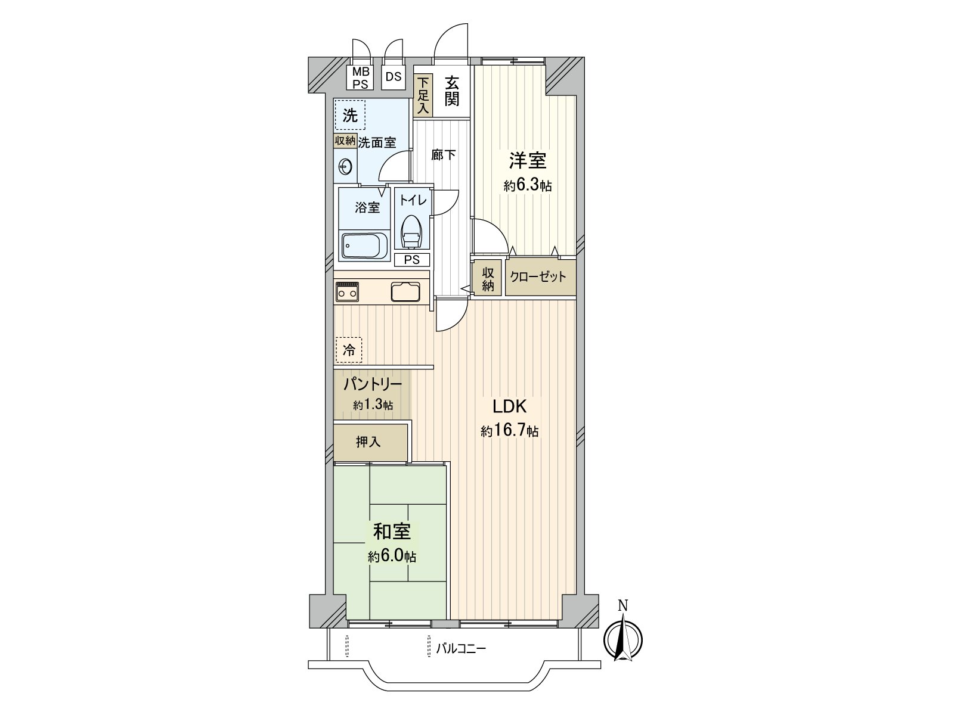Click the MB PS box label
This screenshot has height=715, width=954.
pyautogui.click(x=360, y=77)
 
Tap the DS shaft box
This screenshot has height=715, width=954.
pyautogui.click(x=393, y=77)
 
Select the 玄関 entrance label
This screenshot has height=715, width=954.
pyautogui.click(x=451, y=91)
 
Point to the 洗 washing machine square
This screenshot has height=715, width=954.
pyautogui.click(x=350, y=116)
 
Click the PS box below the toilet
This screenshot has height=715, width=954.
pyautogui.click(x=412, y=260)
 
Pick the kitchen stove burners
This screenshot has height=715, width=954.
pyautogui.click(x=347, y=291)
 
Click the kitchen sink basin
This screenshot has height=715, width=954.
pyautogui.click(x=406, y=292)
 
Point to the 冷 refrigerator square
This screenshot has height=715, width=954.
pyautogui.click(x=349, y=350)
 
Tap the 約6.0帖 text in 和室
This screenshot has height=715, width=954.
pyautogui.click(x=392, y=557)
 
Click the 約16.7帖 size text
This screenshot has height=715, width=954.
pyautogui.click(x=510, y=431)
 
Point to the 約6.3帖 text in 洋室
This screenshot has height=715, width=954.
pyautogui.click(x=527, y=186)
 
